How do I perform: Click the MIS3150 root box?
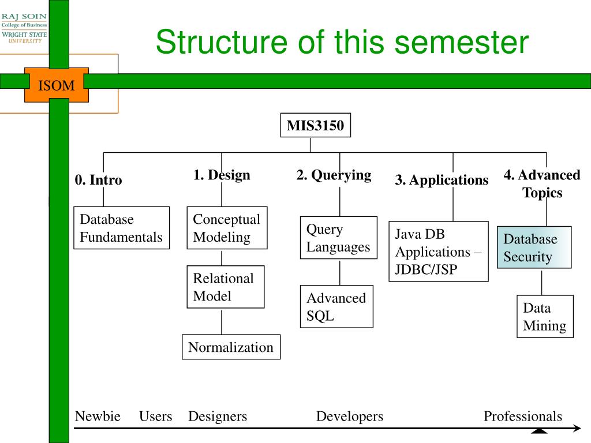point(316,125)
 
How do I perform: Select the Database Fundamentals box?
point(121,228)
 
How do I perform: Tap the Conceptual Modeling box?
point(227,228)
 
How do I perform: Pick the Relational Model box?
point(226,287)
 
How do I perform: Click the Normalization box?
point(231,347)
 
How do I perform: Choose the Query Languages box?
point(338,238)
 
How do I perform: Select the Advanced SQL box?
point(336,307)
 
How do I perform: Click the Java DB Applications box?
point(439,251)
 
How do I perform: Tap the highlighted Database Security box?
point(534,247)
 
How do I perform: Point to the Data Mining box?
point(545,317)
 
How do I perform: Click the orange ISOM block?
point(57,85)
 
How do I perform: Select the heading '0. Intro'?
point(98,180)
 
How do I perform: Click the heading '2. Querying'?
point(334,175)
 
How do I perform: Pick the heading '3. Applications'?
point(442,180)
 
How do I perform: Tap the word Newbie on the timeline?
point(98,416)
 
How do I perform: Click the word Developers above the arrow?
point(350,416)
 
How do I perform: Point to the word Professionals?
point(523,416)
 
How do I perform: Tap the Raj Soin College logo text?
point(24,28)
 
